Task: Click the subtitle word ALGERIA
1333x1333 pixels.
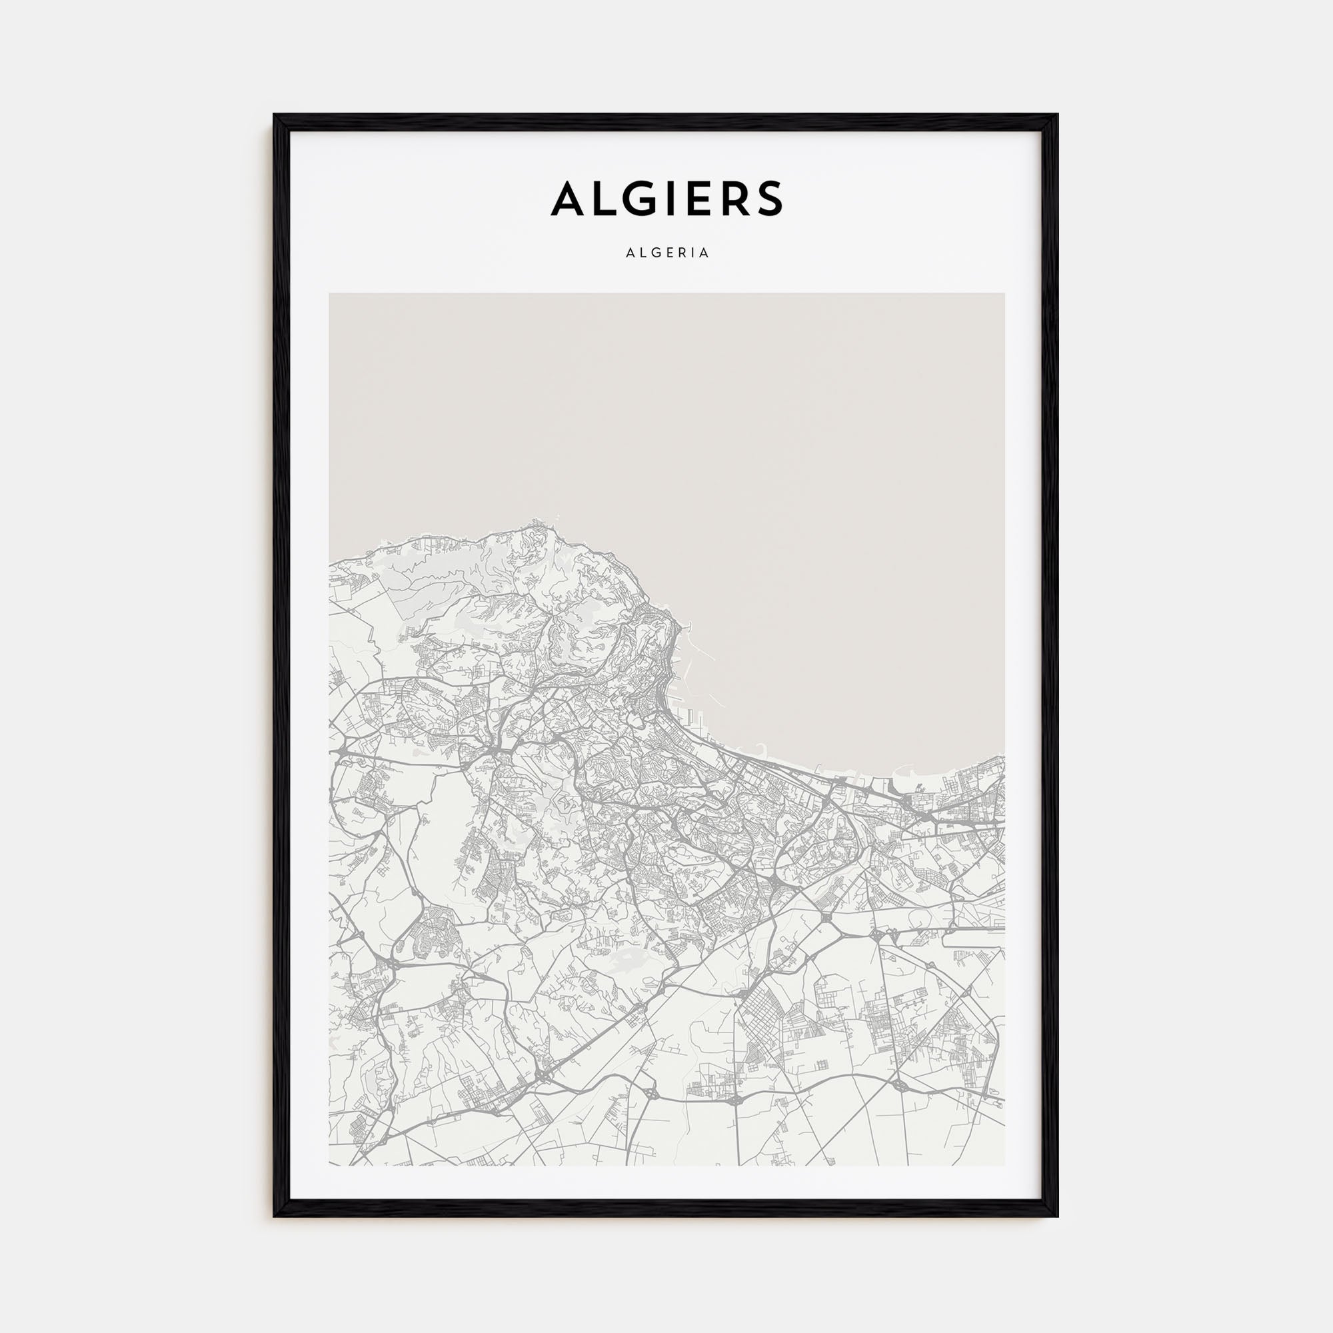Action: pyautogui.click(x=667, y=253)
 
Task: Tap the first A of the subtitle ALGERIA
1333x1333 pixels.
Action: pyautogui.click(x=629, y=253)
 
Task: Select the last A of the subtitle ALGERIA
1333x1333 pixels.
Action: pyautogui.click(x=704, y=253)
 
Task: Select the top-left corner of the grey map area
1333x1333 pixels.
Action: pyautogui.click(x=330, y=294)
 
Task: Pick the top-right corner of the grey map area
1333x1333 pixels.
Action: pyautogui.click(x=1004, y=294)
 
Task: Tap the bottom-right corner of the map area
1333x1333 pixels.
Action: pyautogui.click(x=1004, y=1165)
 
